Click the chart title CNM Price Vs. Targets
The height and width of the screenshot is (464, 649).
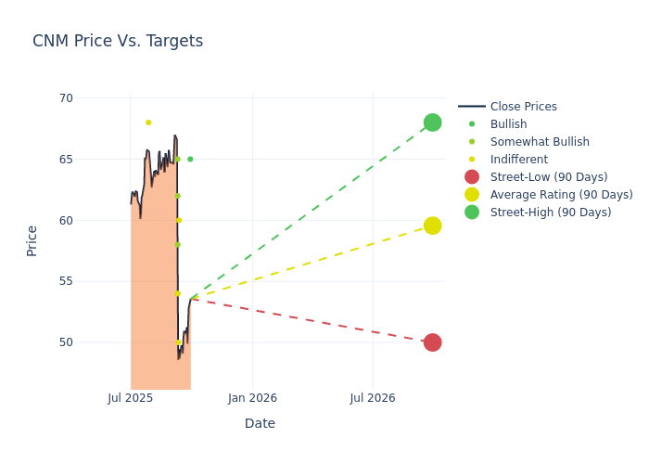pos(118,42)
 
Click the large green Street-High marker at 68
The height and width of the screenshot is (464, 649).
pos(432,122)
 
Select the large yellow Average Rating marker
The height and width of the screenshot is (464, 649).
pos(432,226)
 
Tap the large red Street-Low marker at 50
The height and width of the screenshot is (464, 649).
pos(432,342)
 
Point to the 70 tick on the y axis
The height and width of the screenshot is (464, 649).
pos(65,98)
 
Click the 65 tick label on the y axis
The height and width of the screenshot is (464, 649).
pos(65,160)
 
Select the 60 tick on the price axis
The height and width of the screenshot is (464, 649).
pos(65,221)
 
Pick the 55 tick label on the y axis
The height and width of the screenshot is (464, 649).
pos(65,281)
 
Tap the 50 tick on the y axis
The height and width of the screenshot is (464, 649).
pos(65,342)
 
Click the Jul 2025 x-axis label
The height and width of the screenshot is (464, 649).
pos(131,398)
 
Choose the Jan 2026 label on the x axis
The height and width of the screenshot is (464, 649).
pos(252,398)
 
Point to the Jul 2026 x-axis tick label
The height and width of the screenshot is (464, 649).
pos(373,398)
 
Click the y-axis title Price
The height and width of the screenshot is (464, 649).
pos(32,240)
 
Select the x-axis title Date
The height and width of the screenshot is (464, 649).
pos(260,424)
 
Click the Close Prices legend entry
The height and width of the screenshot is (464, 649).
pos(523,107)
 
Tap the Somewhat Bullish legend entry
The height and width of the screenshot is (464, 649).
pos(540,142)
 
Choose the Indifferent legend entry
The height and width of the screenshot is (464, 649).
pos(518,160)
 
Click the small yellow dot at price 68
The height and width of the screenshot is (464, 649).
pos(148,122)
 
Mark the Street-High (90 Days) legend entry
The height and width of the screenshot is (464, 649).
pos(551,213)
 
